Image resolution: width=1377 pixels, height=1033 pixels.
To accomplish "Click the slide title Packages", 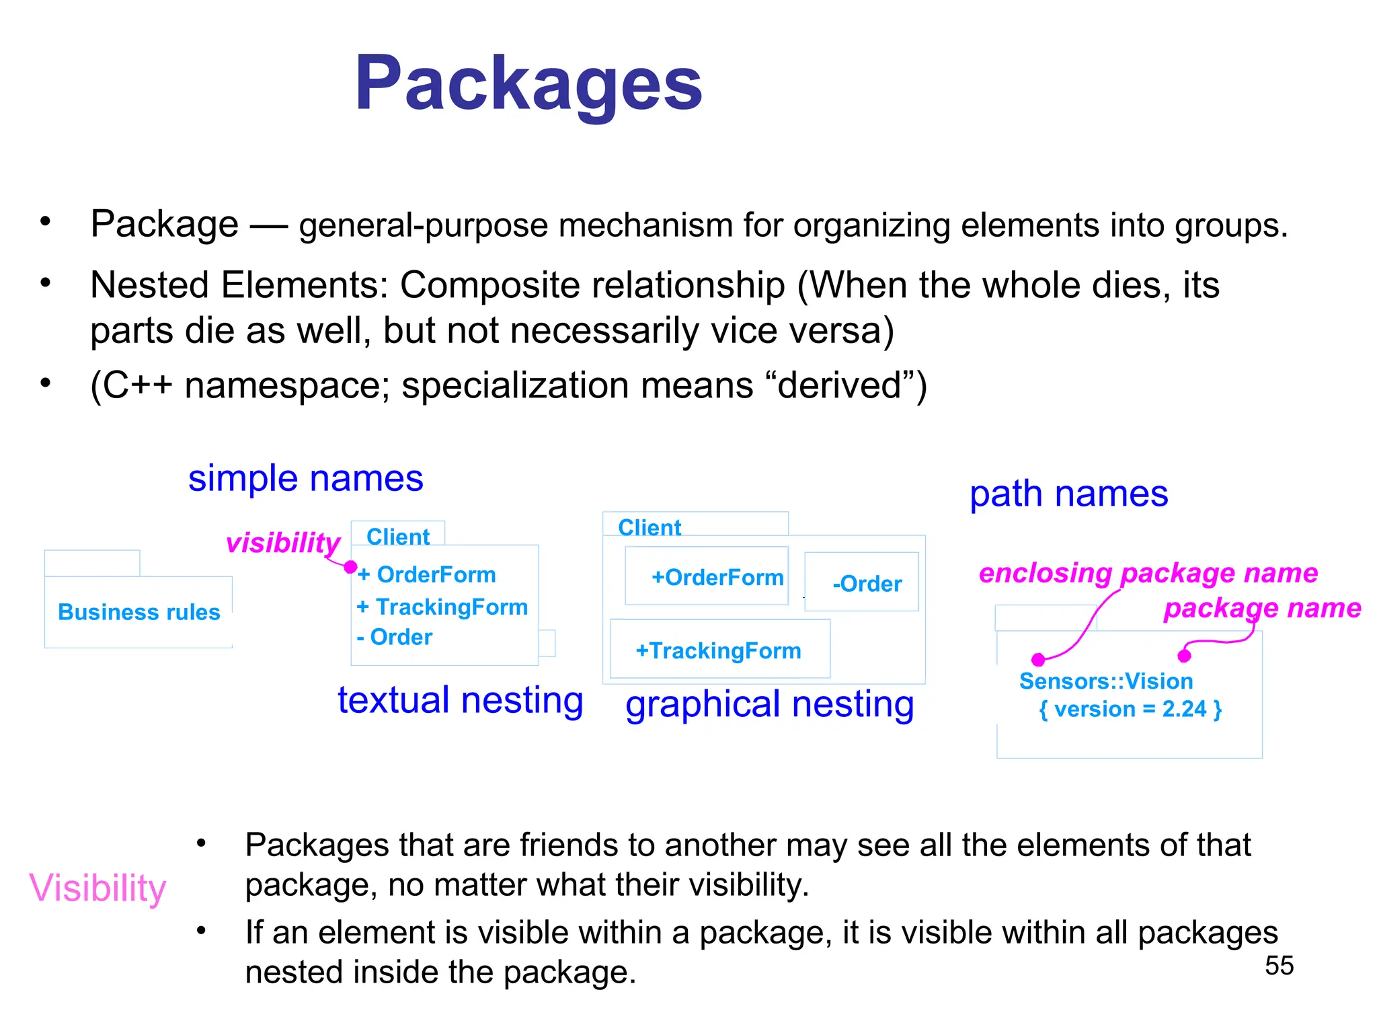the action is [528, 83].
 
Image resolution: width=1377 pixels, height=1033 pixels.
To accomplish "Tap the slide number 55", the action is [1279, 966].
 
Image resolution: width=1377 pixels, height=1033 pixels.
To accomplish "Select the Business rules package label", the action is [139, 612].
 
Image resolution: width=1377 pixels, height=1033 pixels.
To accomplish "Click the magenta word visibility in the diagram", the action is [283, 543].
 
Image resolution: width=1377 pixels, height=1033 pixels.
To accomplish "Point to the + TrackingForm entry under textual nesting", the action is [442, 607].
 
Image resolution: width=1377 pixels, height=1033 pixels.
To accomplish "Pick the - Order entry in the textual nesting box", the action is [395, 637].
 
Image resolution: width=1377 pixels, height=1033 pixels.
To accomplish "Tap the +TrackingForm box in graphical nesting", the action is [719, 650].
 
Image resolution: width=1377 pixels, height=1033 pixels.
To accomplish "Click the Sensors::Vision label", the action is [1106, 681].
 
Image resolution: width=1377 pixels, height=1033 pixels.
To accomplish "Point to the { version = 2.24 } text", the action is [1130, 710].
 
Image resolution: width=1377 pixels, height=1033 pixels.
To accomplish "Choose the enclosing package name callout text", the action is [1148, 573].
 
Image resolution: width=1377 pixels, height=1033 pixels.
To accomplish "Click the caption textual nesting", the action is [460, 700].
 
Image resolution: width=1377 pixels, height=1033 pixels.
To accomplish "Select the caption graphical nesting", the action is [769, 705].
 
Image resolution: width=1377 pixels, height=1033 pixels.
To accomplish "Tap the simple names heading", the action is [305, 479].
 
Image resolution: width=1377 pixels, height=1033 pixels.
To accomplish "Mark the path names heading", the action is [1068, 494].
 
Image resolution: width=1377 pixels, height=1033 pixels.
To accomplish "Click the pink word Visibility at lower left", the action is [97, 888].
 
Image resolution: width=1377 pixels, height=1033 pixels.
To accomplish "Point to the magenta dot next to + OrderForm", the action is [350, 567].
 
